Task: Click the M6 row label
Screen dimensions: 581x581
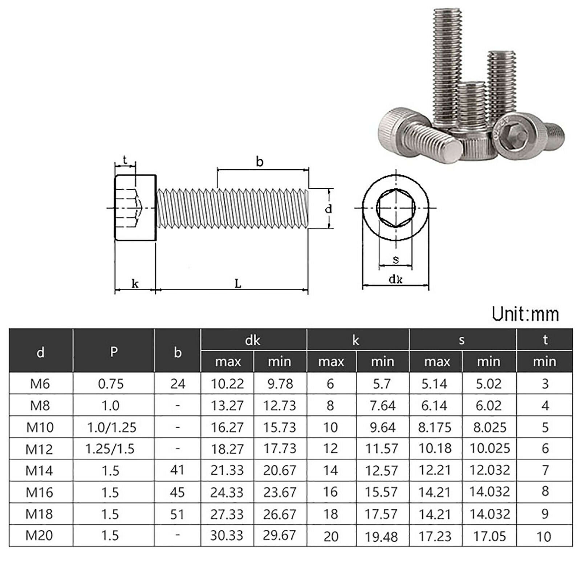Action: coord(40,383)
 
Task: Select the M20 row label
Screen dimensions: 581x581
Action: coord(39,535)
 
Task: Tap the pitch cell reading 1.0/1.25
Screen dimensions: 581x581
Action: coord(111,427)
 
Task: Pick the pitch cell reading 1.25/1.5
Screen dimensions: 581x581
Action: coord(110,449)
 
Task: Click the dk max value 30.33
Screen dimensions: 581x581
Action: coord(227,535)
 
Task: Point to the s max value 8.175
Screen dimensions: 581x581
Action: coord(435,427)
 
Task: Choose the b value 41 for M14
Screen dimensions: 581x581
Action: coord(177,470)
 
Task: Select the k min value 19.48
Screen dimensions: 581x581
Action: coord(382,536)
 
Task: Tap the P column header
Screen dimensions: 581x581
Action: coord(114,352)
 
